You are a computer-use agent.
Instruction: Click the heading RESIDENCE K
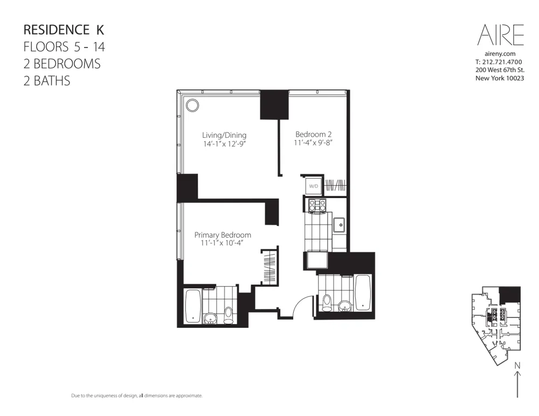pyautogui.click(x=64, y=29)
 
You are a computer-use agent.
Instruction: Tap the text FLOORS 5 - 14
pyautogui.click(x=64, y=46)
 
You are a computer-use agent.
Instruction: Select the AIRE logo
pyautogui.click(x=500, y=35)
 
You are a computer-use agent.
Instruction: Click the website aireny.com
pyautogui.click(x=500, y=54)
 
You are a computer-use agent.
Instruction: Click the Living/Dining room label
pyautogui.click(x=224, y=135)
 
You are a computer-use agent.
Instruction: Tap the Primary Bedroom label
pyautogui.click(x=223, y=235)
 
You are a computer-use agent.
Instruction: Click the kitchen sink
pyautogui.click(x=340, y=225)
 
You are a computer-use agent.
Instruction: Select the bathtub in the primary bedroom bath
pyautogui.click(x=192, y=307)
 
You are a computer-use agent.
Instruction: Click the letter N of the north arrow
pyautogui.click(x=517, y=366)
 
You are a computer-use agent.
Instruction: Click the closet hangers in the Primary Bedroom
pyautogui.click(x=269, y=266)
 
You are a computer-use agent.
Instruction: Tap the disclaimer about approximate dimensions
pyautogui.click(x=137, y=396)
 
